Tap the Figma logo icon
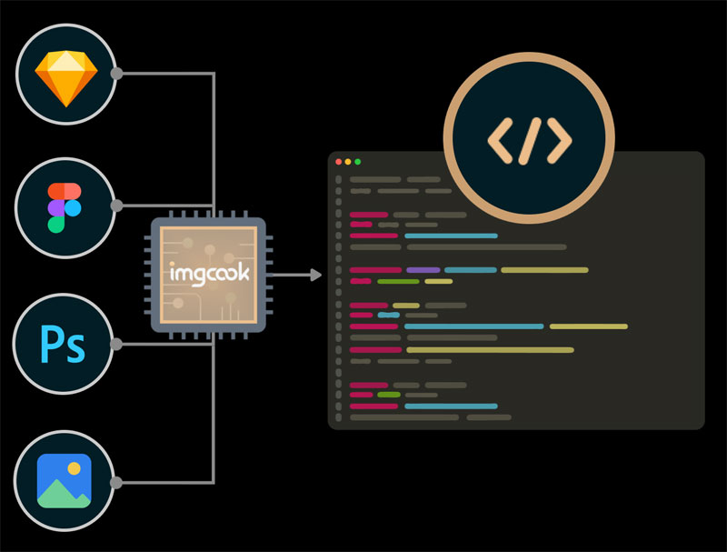click(64, 206)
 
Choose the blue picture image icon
click(64, 481)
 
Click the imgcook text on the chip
click(208, 273)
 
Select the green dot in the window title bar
click(358, 162)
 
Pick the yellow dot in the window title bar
click(349, 162)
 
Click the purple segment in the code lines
click(423, 270)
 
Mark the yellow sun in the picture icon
click(75, 467)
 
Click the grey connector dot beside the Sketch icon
click(116, 73)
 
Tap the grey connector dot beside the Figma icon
click(116, 206)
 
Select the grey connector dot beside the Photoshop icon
click(116, 345)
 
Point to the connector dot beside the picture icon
click(116, 481)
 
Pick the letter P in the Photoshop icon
click(53, 346)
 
